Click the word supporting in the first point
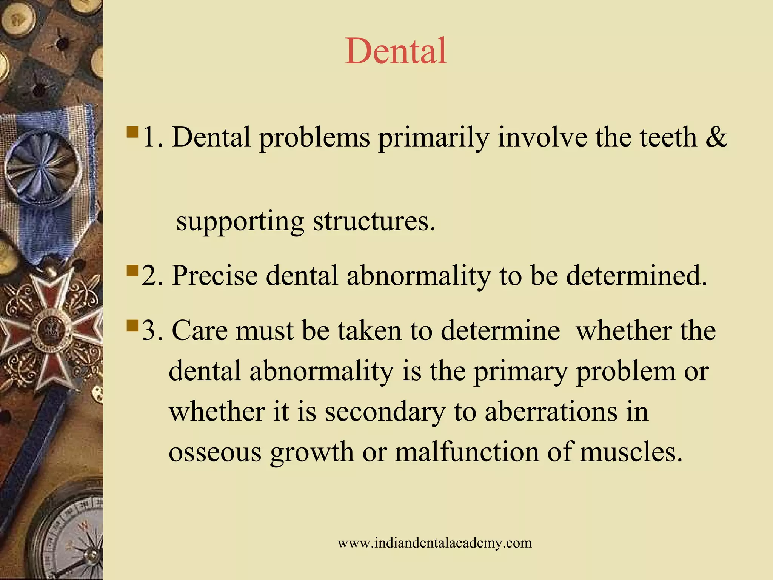tap(240, 222)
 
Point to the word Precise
tap(214, 276)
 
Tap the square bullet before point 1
tap(132, 132)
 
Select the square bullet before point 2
tap(132, 271)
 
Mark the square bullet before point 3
tap(132, 325)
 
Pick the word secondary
tap(385, 412)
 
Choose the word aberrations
tap(551, 412)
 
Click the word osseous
tap(215, 452)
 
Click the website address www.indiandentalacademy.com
tap(434, 543)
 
